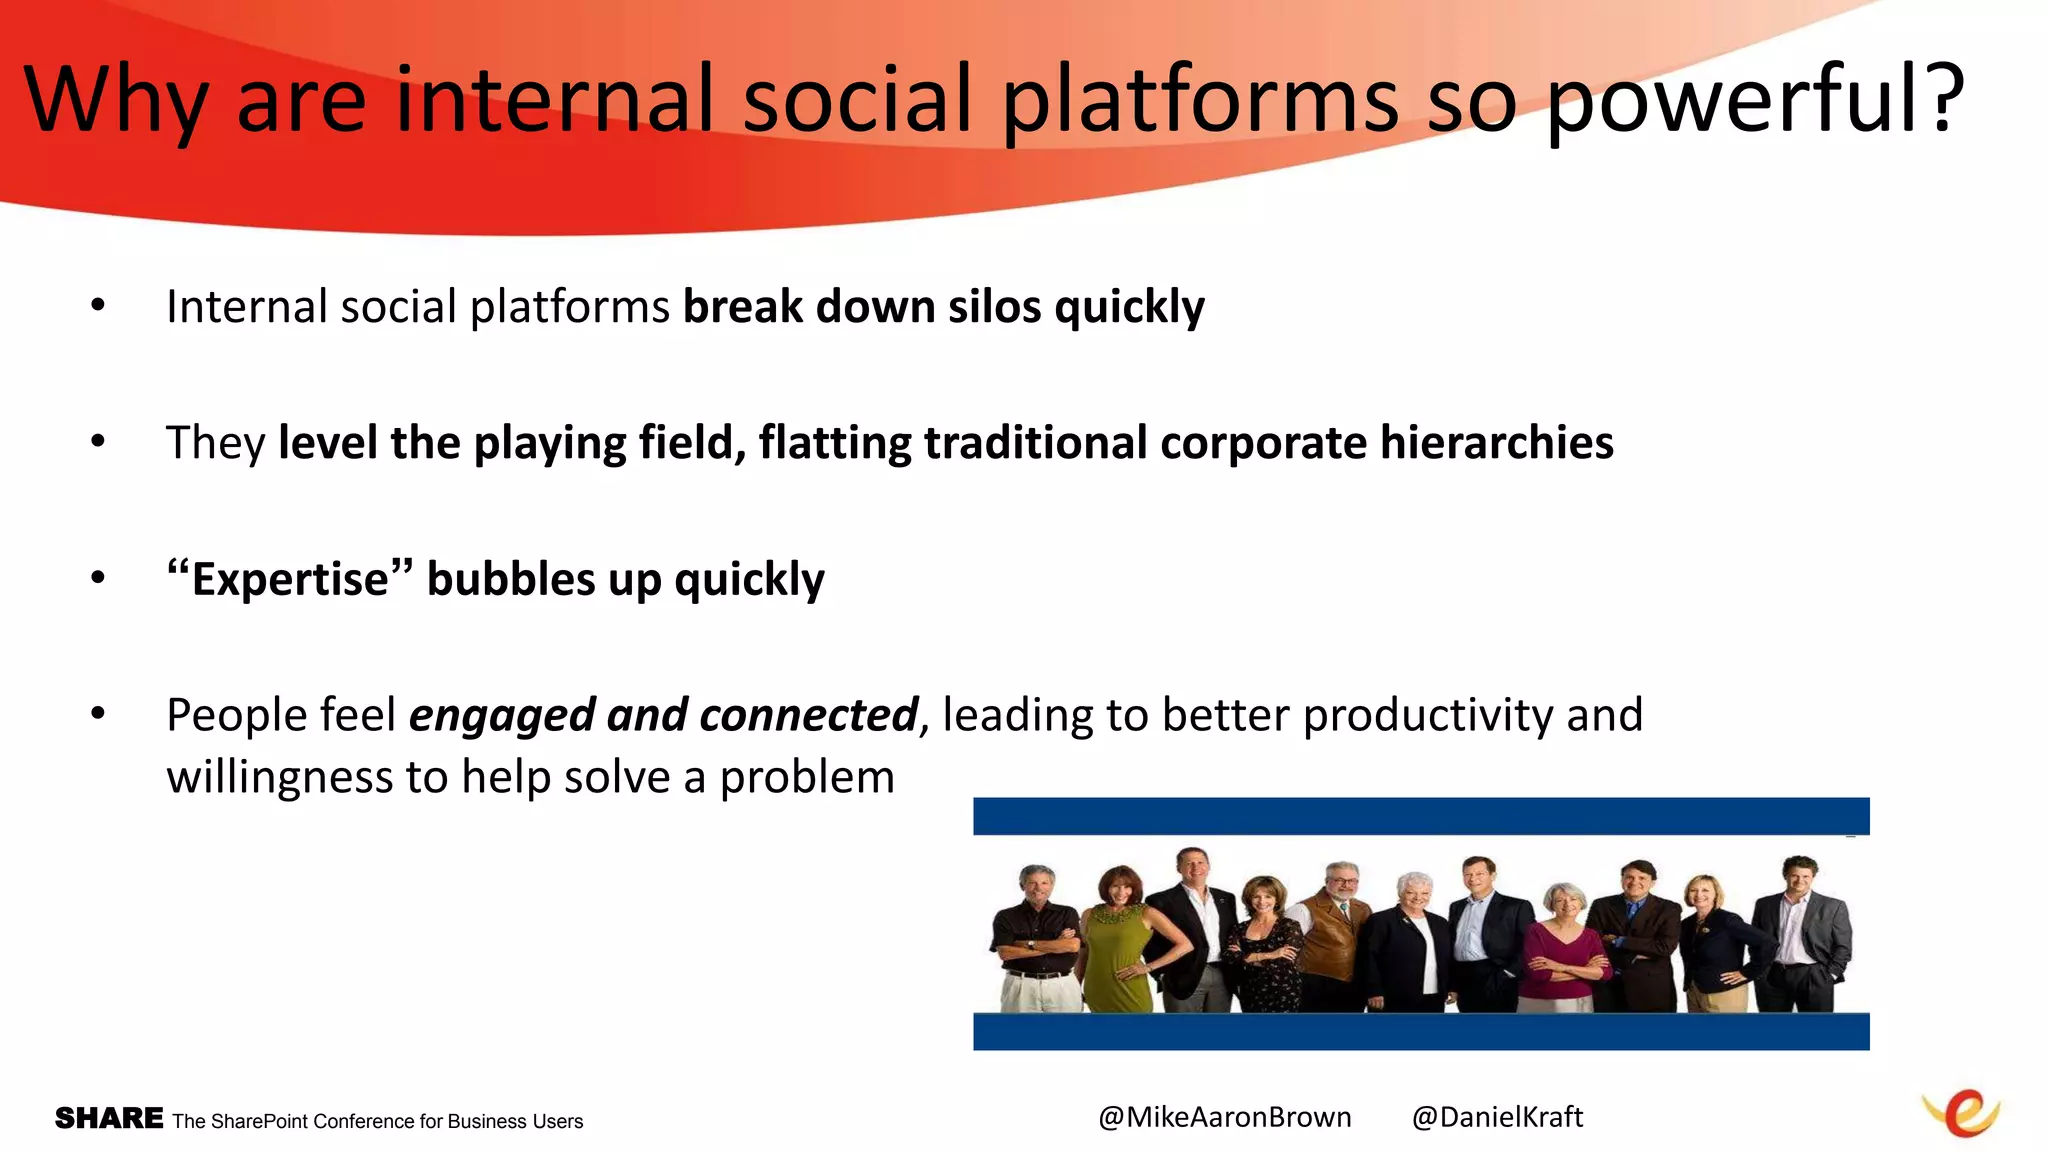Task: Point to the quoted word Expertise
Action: pos(290,580)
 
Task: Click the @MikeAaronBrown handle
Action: pos(1224,1117)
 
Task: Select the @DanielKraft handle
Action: pos(1497,1117)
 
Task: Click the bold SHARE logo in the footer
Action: pos(109,1118)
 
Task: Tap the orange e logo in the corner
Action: pos(1962,1114)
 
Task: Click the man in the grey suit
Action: pos(1800,930)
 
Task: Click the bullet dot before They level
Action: pos(97,441)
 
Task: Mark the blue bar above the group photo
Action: pos(1420,816)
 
